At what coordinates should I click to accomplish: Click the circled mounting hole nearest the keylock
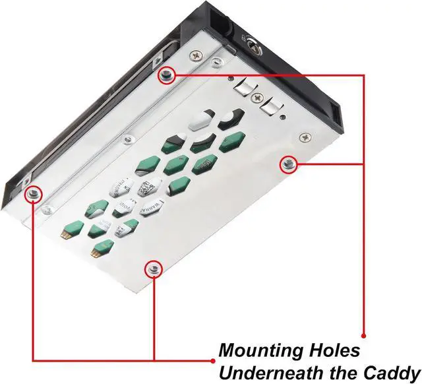[166, 76]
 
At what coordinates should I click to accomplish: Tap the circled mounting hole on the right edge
[288, 164]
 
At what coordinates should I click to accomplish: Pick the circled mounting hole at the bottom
[154, 267]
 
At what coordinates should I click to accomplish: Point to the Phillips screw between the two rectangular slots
[258, 95]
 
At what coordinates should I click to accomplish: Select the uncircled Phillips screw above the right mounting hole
[304, 137]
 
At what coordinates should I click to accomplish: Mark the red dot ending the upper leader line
[363, 331]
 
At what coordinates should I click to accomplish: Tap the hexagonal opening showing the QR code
[148, 185]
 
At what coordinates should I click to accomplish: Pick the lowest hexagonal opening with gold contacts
[100, 248]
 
